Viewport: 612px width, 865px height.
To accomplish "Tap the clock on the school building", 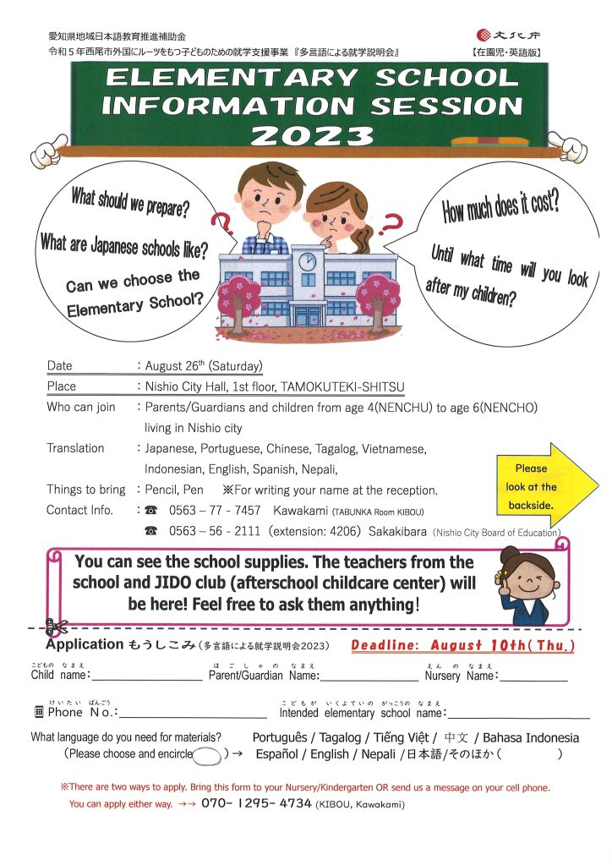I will pyautogui.click(x=307, y=259).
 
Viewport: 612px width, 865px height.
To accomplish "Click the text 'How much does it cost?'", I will pyautogui.click(x=500, y=206).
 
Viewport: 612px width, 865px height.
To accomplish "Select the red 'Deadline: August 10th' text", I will pyautogui.click(x=462, y=646).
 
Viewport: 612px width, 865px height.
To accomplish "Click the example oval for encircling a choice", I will pyautogui.click(x=207, y=753).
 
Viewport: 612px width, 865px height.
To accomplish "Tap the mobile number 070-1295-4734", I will pyautogui.click(x=255, y=804).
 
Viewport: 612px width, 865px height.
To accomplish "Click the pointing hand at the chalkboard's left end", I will pyautogui.click(x=47, y=150).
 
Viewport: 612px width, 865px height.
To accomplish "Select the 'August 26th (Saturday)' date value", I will pyautogui.click(x=204, y=366).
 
